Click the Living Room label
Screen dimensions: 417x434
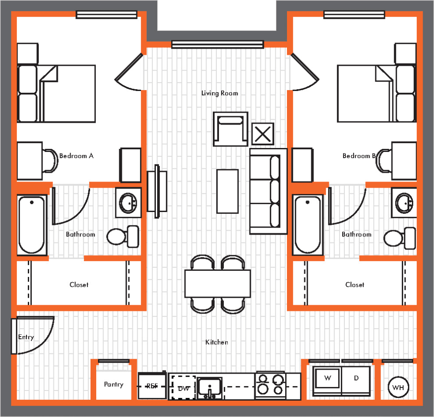(x=219, y=93)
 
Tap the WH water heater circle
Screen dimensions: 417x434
(x=398, y=388)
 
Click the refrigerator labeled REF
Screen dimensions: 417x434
(x=152, y=386)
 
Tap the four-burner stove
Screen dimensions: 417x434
(x=271, y=384)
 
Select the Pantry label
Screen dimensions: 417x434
(x=113, y=384)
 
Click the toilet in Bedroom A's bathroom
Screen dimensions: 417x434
(x=123, y=236)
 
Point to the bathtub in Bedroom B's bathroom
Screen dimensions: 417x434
(x=308, y=224)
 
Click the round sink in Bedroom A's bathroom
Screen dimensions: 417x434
(x=128, y=203)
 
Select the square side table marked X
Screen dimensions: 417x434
(x=263, y=134)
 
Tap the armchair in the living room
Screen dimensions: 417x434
(x=230, y=129)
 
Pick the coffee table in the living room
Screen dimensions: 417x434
(x=227, y=191)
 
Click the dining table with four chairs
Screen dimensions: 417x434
(x=218, y=284)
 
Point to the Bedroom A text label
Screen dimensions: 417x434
(x=76, y=156)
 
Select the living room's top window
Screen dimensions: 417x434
(x=217, y=44)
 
